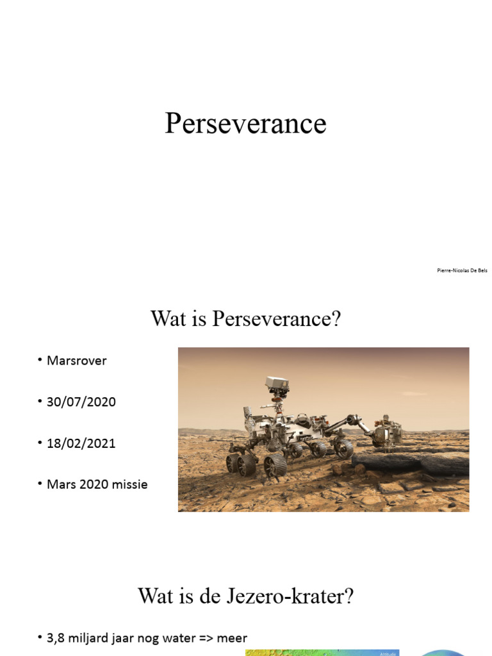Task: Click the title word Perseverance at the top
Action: (245, 124)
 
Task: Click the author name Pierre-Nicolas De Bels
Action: (462, 270)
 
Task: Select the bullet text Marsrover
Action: (76, 361)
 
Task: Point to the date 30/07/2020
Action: (81, 402)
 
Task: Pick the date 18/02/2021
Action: (81, 443)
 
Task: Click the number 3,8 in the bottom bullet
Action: (55, 638)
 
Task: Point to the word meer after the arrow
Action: (232, 638)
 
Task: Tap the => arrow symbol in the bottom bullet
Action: (204, 638)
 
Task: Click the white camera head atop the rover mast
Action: (277, 384)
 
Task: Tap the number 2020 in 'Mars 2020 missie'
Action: (91, 484)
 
